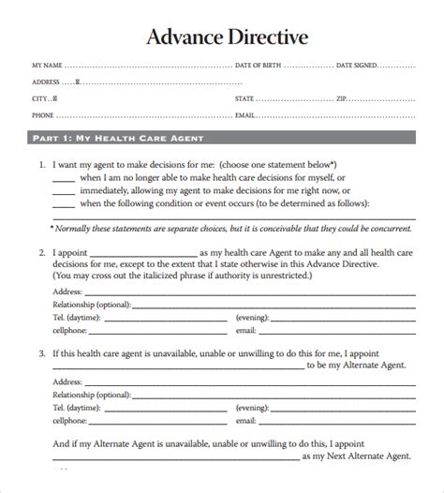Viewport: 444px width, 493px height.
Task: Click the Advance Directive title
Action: (222, 38)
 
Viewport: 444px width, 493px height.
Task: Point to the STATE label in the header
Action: (245, 97)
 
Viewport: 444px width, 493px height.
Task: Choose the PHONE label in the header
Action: (42, 114)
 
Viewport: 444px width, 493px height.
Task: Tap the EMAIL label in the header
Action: (245, 114)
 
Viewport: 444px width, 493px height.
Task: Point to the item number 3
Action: (42, 352)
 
